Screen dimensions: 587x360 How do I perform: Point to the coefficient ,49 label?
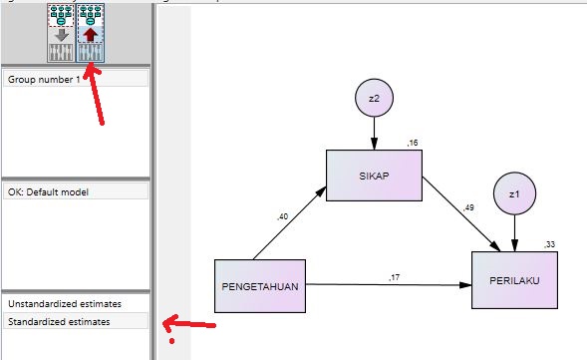click(468, 207)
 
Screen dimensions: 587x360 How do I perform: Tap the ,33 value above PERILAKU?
click(550, 245)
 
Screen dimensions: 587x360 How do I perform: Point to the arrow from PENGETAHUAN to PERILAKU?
click(389, 285)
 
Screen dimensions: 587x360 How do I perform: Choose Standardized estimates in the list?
click(60, 321)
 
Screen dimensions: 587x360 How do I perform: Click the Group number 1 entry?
click(44, 79)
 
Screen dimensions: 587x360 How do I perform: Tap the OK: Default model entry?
click(50, 190)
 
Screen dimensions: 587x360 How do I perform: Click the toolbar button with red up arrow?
click(91, 33)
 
